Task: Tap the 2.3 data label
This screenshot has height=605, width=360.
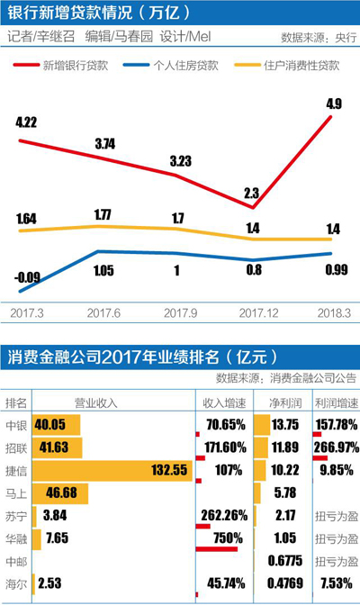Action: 253,192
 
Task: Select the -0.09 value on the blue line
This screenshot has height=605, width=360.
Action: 28,276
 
